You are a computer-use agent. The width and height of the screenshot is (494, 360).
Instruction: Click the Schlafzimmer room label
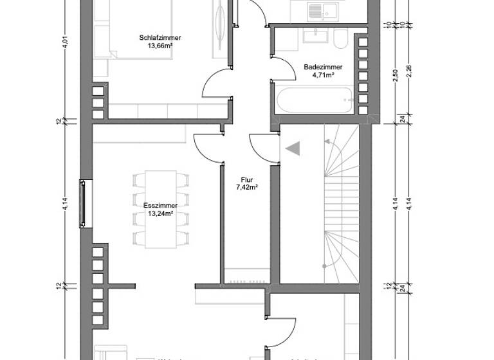(x=160, y=38)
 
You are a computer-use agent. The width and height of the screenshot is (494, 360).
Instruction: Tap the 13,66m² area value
(x=160, y=46)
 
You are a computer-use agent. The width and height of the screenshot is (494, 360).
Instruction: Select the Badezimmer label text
(x=322, y=67)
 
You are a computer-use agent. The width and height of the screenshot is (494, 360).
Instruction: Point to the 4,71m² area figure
(x=322, y=75)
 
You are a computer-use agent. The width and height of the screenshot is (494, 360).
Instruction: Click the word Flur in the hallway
(x=246, y=180)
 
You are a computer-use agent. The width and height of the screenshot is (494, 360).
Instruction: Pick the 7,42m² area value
(x=246, y=188)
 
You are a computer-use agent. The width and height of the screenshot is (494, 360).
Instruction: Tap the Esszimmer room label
(x=160, y=206)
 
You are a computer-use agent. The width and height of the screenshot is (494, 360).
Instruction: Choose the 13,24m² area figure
(x=160, y=214)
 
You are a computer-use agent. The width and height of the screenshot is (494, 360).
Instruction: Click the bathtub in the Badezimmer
(x=313, y=98)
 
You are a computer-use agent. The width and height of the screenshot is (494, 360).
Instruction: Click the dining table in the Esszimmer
(x=160, y=209)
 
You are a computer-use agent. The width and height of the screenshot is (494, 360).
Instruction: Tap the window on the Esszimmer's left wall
(x=82, y=204)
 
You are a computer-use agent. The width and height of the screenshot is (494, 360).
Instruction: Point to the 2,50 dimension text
(x=396, y=75)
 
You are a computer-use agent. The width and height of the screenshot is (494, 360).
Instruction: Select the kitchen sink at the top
(x=316, y=11)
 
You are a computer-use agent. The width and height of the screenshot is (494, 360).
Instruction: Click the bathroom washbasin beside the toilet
(x=315, y=37)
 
